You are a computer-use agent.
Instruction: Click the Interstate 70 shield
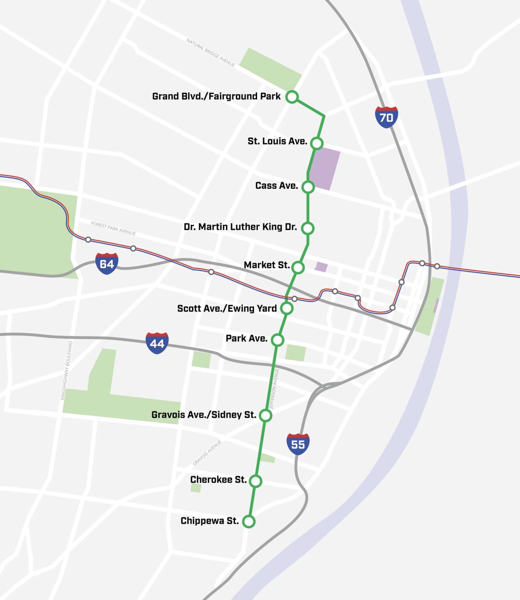pos(386,117)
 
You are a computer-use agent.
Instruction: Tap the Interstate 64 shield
pos(107,264)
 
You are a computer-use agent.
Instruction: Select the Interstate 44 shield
pos(157,343)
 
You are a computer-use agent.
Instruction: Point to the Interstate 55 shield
pos(298,444)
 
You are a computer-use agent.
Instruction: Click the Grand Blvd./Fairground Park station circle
pos(292,96)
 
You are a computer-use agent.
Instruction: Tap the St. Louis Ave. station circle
pos(317,143)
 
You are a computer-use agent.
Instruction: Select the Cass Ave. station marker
pos(308,187)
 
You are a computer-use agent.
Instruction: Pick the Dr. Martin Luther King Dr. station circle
pos(308,228)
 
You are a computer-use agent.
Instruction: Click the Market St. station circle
pos(298,268)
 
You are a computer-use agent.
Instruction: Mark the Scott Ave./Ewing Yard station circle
pos(287,308)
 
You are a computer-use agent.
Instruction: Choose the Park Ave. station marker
pos(277,340)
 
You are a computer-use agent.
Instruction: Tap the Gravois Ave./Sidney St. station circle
pos(265,415)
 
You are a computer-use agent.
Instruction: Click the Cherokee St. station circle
pos(256,481)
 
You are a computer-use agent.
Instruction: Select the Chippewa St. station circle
pos(249,521)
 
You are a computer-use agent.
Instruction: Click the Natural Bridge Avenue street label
pos(211,53)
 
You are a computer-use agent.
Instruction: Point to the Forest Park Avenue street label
pos(113,229)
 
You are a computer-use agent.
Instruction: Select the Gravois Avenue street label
pos(207,453)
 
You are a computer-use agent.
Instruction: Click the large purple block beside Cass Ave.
pos(325,169)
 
